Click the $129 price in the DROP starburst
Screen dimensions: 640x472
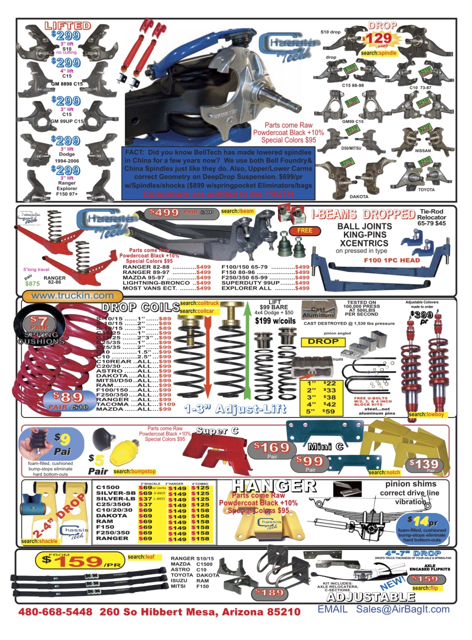[x=375, y=39]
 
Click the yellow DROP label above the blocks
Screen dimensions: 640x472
[x=323, y=341]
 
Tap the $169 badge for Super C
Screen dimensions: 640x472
[x=272, y=447]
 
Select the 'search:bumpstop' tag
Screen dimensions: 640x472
[x=134, y=471]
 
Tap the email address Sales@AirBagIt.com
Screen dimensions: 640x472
[x=402, y=609]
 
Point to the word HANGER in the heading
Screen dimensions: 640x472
[x=273, y=486]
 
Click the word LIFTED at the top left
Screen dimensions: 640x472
[x=68, y=25]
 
